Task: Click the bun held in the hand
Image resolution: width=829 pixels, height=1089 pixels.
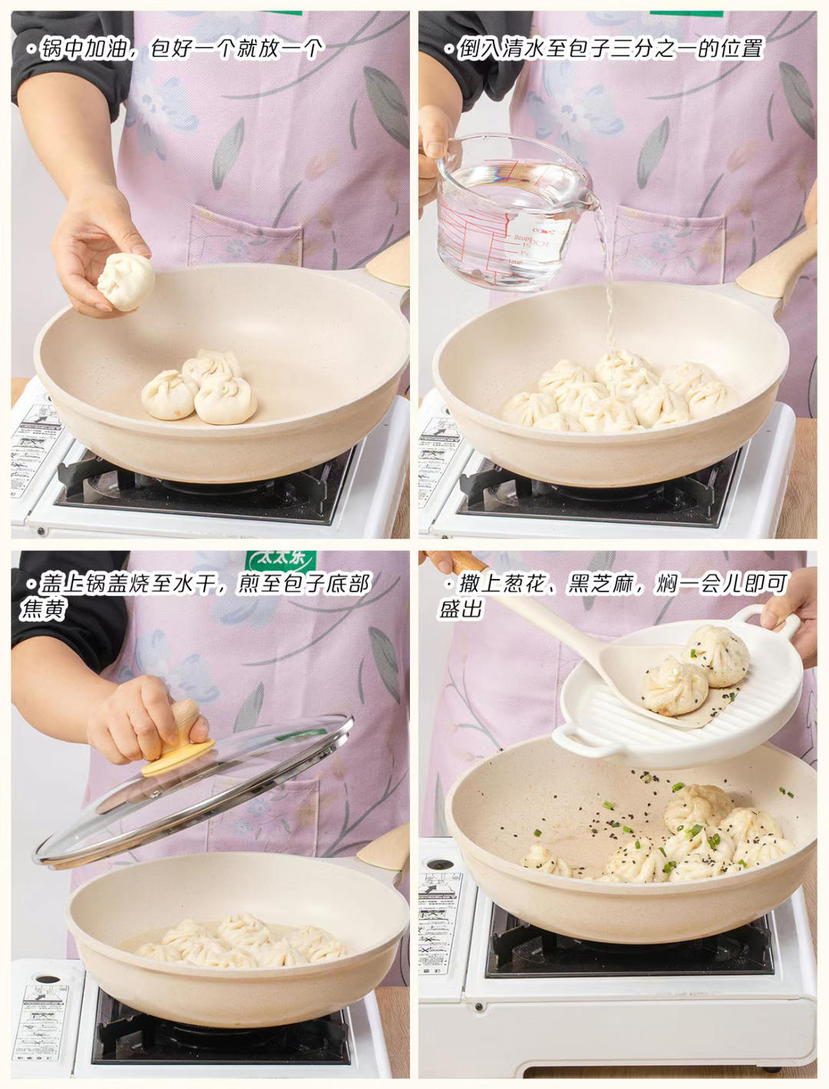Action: (x=126, y=281)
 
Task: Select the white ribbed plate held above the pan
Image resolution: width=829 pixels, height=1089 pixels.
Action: (x=675, y=695)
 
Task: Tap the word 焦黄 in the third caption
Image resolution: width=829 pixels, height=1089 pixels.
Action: (x=43, y=609)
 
